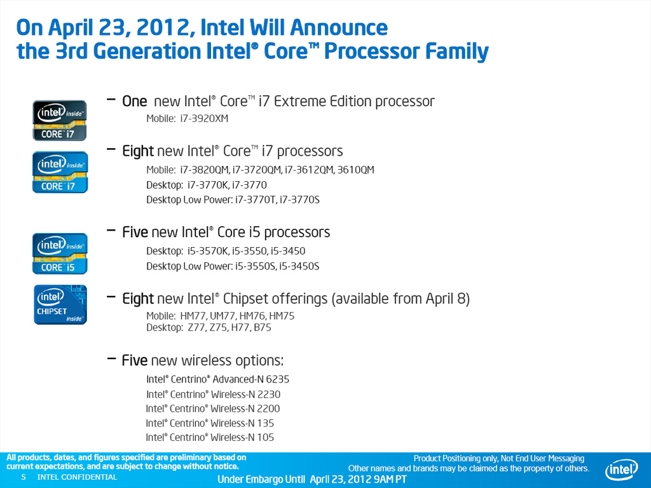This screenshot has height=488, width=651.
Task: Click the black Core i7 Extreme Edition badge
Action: (x=60, y=120)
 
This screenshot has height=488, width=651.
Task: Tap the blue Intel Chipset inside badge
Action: (x=60, y=304)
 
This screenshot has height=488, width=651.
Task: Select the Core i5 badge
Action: (x=60, y=253)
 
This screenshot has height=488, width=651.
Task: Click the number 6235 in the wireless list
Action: (x=278, y=379)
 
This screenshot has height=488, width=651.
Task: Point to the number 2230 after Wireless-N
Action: (x=269, y=394)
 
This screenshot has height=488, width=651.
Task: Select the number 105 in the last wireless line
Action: (x=266, y=437)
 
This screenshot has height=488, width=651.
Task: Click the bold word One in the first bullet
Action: (x=135, y=101)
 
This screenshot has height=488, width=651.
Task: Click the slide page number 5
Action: (x=24, y=477)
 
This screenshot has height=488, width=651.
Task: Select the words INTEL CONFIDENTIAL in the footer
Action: (x=77, y=477)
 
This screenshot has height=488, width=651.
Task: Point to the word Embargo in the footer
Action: (x=266, y=479)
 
